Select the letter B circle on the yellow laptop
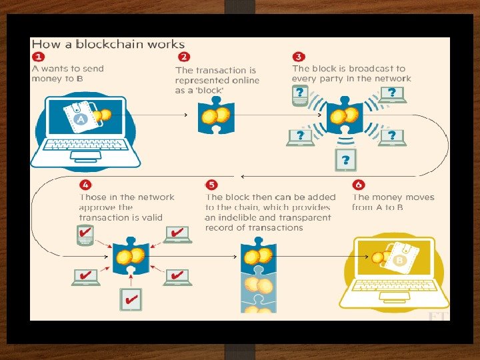coord(401,260)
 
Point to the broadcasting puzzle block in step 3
coord(345,115)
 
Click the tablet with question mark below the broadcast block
coord(345,159)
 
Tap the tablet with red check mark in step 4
coord(129,299)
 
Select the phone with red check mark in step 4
coord(85,235)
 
